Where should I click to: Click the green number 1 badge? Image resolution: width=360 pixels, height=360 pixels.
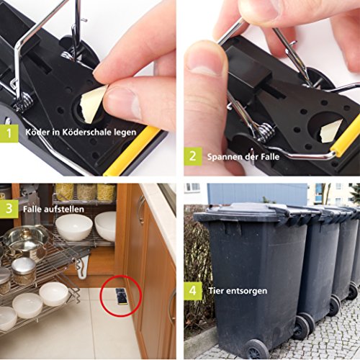(9, 133)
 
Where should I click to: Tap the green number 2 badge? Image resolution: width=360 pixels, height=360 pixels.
(193, 156)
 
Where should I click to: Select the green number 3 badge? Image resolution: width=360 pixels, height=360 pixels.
(9, 209)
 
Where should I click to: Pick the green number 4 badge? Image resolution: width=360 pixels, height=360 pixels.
(193, 291)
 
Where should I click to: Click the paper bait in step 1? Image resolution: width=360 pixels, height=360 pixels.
(91, 104)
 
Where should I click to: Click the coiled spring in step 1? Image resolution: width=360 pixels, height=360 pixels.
(23, 102)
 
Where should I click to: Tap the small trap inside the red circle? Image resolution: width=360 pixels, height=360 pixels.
(121, 297)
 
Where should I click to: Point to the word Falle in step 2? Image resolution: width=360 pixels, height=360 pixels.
(270, 157)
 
